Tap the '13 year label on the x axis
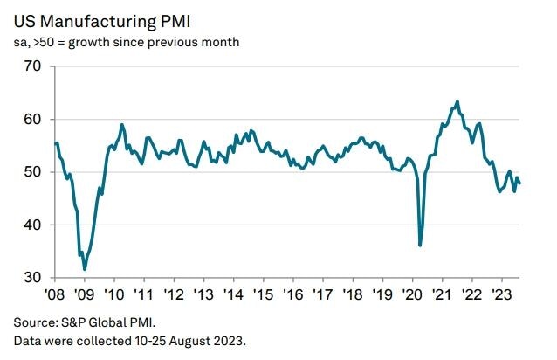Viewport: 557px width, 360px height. pos(203,294)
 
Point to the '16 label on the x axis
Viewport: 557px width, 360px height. pos(292,294)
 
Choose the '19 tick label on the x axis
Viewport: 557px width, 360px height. pos(382,294)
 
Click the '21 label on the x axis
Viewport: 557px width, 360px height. pos(443,294)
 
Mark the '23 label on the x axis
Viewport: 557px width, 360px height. pos(502,294)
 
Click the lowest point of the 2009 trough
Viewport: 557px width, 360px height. pos(85,269)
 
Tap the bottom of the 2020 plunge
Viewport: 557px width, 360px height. pos(421,246)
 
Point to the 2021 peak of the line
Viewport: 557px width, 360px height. pos(457,101)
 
